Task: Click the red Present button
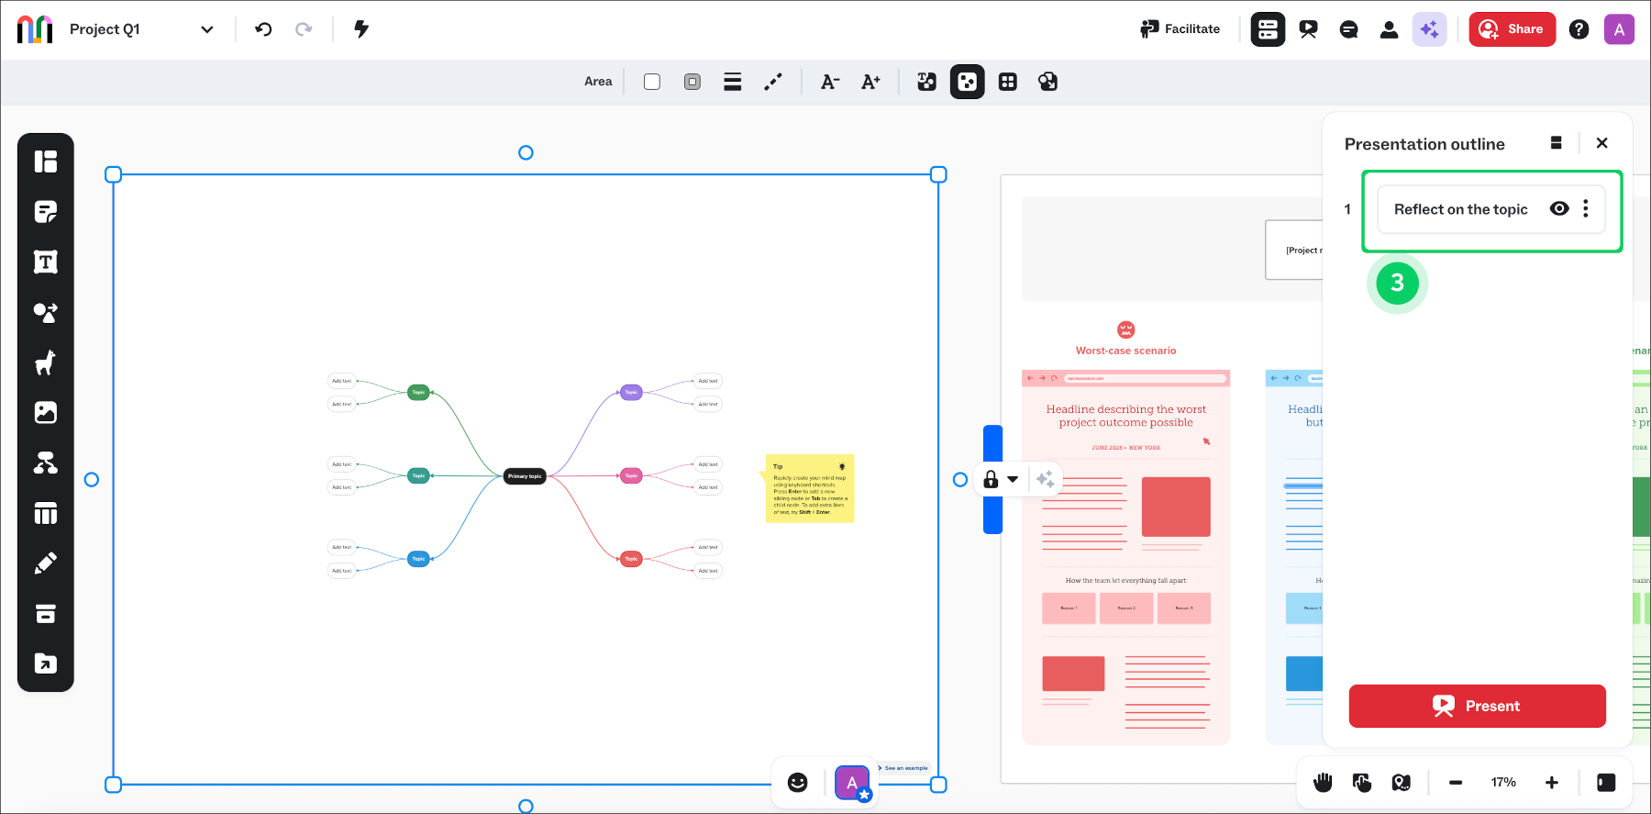(x=1477, y=706)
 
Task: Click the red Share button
(x=1512, y=29)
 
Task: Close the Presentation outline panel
(x=1601, y=143)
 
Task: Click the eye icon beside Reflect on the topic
(x=1558, y=208)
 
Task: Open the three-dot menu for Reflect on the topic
(x=1585, y=208)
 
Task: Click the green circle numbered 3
(x=1397, y=283)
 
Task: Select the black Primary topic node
(x=525, y=476)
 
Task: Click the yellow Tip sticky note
(x=809, y=488)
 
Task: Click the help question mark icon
(x=1579, y=29)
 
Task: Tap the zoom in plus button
(x=1551, y=783)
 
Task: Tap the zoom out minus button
(x=1456, y=783)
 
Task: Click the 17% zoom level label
(x=1503, y=783)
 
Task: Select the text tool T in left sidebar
(x=46, y=262)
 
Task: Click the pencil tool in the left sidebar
(x=46, y=563)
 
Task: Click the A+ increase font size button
(x=870, y=82)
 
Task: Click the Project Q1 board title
(x=105, y=29)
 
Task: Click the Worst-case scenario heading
(x=1125, y=351)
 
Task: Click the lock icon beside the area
(x=991, y=479)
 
